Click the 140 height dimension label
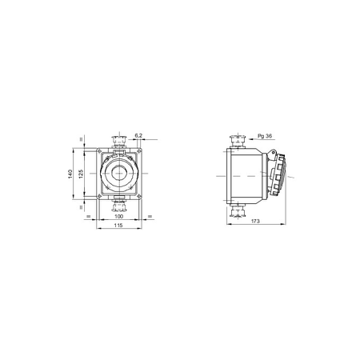tap(70, 174)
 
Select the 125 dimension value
tap(81, 174)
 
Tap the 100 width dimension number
tap(118, 216)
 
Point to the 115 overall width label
tap(118, 226)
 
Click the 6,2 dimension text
tap(138, 135)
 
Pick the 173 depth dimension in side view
tap(255, 221)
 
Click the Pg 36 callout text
tap(265, 136)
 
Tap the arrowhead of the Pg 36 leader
tap(250, 139)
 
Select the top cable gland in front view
tap(119, 142)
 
